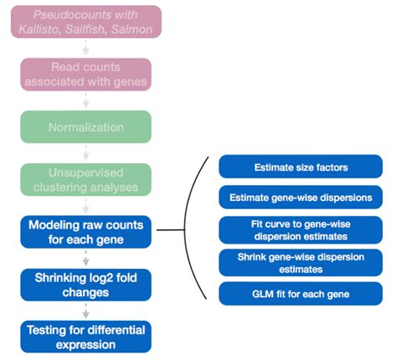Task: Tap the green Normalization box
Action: [x=85, y=127]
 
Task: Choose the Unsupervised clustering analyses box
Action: [x=85, y=179]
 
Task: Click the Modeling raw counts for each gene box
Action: [x=85, y=231]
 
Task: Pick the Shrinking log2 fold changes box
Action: [x=85, y=284]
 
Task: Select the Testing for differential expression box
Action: [x=85, y=337]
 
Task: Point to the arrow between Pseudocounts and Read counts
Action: [x=85, y=49]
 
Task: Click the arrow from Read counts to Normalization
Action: [x=85, y=100]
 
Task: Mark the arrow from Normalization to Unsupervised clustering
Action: [x=85, y=153]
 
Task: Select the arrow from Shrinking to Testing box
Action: [x=85, y=310]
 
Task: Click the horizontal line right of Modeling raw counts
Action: [x=173, y=230]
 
